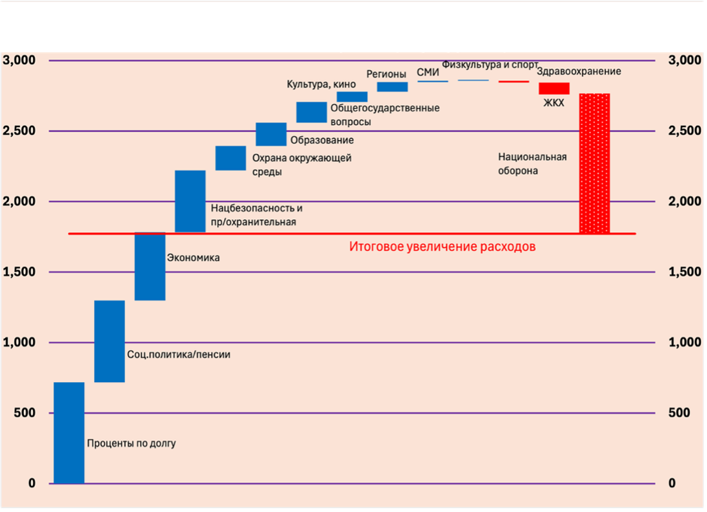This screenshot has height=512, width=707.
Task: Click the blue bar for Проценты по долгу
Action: pyautogui.click(x=69, y=433)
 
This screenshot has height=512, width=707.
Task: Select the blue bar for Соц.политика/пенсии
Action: pyautogui.click(x=109, y=341)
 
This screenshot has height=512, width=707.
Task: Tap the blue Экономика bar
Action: pyautogui.click(x=150, y=267)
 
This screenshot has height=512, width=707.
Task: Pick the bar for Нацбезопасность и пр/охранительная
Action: pyautogui.click(x=190, y=201)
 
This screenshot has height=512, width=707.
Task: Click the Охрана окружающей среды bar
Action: pyautogui.click(x=231, y=158)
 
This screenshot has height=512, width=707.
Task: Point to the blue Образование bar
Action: pyautogui.click(x=271, y=134)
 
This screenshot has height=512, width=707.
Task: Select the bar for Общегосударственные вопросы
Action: pyautogui.click(x=311, y=112)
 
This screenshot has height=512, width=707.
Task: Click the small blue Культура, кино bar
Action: pyautogui.click(x=352, y=97)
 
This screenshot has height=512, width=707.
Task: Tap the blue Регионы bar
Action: pyautogui.click(x=392, y=87)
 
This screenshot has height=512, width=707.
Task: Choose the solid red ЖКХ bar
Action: pyautogui.click(x=554, y=88)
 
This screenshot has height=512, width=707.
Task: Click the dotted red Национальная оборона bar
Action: pyautogui.click(x=594, y=164)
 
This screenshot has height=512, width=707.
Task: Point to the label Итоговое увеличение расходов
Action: pyautogui.click(x=442, y=246)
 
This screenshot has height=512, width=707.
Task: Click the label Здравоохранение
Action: pyautogui.click(x=579, y=71)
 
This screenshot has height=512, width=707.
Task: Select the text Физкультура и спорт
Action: pyautogui.click(x=490, y=65)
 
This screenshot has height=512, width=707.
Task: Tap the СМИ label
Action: pyautogui.click(x=427, y=72)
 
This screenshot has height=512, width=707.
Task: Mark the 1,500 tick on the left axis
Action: pyautogui.click(x=21, y=272)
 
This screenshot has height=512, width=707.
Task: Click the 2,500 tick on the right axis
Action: pyautogui.click(x=684, y=131)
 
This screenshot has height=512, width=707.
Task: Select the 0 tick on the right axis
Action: pyautogui.click(x=672, y=483)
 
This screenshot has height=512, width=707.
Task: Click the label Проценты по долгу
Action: pyautogui.click(x=131, y=443)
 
